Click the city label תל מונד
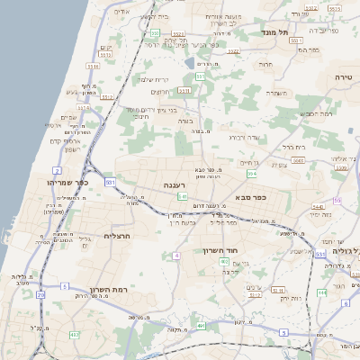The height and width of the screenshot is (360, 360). coord(276,31)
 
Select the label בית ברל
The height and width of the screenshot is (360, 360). coord(294,146)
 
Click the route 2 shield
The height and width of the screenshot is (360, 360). coord(57,169)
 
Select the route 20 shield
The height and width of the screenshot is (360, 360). coord(40,294)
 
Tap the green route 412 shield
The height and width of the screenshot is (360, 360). coord(74,334)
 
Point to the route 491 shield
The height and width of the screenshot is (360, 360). coord(201,325)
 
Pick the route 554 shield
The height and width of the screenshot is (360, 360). coord(252,173)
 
